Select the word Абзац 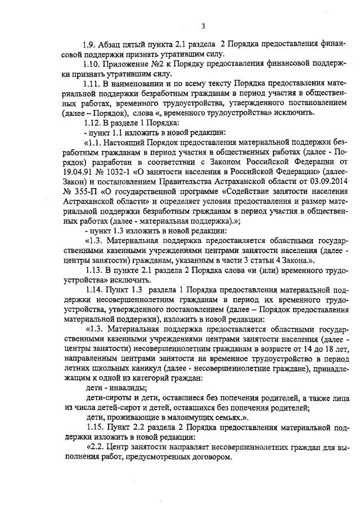(110, 44)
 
